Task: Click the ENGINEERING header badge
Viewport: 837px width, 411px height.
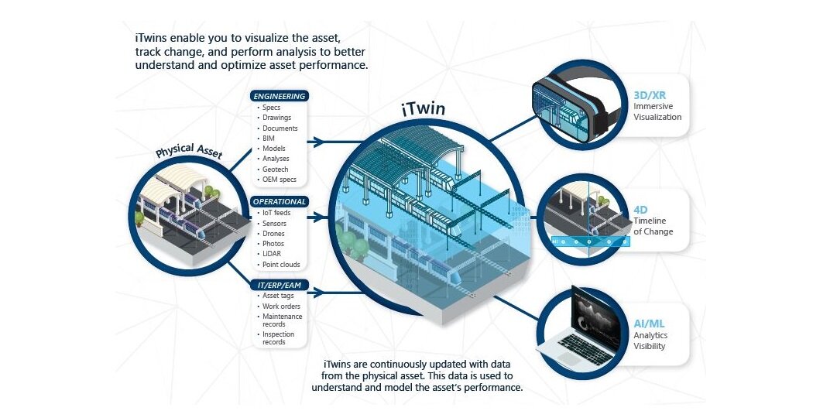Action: (x=280, y=96)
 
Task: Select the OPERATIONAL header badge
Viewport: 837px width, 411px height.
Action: (x=280, y=202)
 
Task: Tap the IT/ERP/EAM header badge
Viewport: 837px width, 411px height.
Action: (x=280, y=286)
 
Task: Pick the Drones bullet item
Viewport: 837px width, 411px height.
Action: (x=273, y=234)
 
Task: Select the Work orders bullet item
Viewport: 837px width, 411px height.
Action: (x=281, y=307)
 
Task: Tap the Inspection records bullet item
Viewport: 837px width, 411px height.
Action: (x=278, y=338)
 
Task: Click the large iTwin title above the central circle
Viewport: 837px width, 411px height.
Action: (x=423, y=109)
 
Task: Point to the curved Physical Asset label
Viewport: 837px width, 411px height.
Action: (x=189, y=150)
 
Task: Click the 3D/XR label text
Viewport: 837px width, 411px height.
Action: (x=650, y=95)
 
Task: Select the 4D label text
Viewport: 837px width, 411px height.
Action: (x=640, y=210)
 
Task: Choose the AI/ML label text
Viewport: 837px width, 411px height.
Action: (x=649, y=324)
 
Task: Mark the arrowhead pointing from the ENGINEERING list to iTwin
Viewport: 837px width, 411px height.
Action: (x=319, y=142)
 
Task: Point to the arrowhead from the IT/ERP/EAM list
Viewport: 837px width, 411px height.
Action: (x=319, y=293)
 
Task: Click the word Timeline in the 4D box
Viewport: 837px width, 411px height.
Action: (x=650, y=221)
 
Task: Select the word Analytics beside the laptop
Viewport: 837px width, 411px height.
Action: (x=650, y=335)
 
